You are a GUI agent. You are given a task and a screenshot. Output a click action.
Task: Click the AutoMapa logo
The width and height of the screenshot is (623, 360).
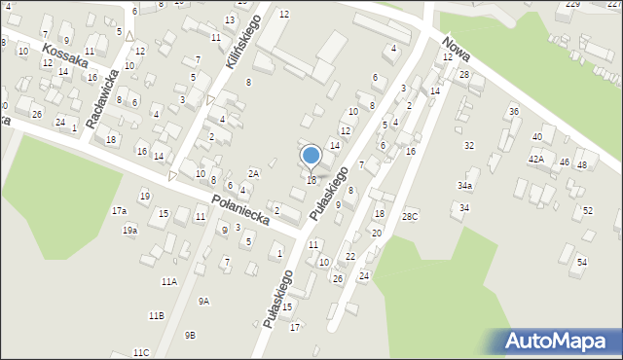[x=558, y=341]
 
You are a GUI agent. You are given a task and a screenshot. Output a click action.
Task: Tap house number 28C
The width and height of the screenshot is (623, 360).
[x=410, y=216]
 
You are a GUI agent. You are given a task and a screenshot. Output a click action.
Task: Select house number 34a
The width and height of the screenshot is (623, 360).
[x=465, y=185]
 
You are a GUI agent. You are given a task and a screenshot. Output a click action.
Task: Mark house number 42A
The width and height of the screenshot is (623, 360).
[x=536, y=159]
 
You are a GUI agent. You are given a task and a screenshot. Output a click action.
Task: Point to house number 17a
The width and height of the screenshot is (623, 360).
[x=119, y=211]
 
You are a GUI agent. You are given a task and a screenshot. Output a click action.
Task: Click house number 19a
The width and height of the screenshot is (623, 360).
[x=129, y=231]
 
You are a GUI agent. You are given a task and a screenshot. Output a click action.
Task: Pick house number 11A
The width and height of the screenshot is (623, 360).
[x=169, y=281]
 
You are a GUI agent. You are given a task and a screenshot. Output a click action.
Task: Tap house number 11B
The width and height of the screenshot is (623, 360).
[x=156, y=316]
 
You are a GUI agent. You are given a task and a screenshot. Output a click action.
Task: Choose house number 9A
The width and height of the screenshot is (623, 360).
[x=203, y=302]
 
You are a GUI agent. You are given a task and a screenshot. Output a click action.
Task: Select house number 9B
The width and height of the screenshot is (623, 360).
[x=190, y=335]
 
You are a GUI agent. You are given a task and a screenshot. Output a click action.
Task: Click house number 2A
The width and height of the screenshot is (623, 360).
[x=253, y=173]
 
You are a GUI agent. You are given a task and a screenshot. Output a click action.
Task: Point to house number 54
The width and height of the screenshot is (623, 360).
[x=582, y=263]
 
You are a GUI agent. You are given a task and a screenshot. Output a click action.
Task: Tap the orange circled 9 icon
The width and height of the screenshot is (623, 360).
[x=224, y=230]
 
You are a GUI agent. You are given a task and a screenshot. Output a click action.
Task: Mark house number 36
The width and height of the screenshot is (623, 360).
[x=513, y=112]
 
